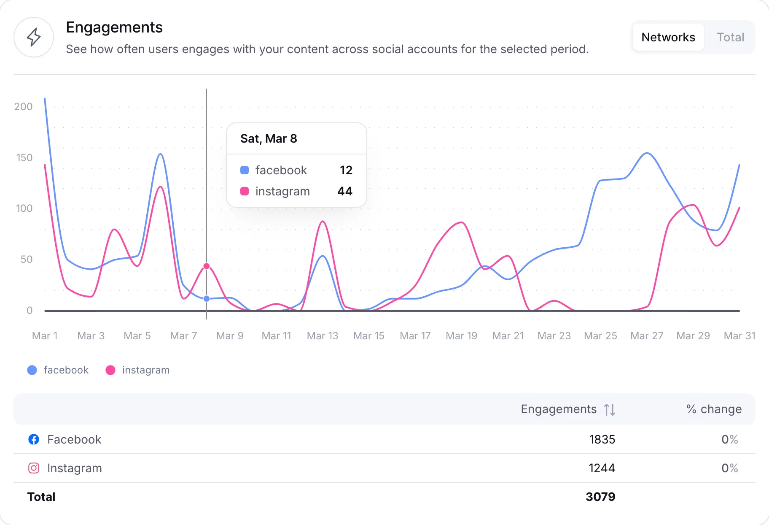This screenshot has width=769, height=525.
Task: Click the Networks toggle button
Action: click(x=668, y=37)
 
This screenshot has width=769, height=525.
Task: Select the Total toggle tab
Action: click(x=730, y=37)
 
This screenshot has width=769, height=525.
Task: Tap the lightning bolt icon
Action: click(x=34, y=37)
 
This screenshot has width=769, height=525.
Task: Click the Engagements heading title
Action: click(x=114, y=27)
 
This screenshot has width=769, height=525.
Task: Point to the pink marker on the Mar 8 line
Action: click(x=207, y=266)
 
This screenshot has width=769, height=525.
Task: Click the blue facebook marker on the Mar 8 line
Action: click(x=207, y=299)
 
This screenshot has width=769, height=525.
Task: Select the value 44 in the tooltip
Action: click(x=344, y=191)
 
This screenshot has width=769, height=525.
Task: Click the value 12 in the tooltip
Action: click(x=346, y=170)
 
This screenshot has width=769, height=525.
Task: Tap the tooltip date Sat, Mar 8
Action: click(x=269, y=138)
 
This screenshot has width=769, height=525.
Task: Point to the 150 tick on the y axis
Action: click(x=24, y=158)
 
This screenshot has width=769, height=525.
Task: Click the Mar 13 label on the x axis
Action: click(x=323, y=336)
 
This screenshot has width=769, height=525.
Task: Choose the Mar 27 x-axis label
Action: click(x=647, y=336)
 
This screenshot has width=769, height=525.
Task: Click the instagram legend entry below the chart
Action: click(x=137, y=370)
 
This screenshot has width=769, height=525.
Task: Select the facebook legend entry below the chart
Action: click(x=58, y=370)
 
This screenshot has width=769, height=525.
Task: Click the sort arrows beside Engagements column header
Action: click(x=610, y=409)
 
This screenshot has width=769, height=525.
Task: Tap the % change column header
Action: click(x=714, y=409)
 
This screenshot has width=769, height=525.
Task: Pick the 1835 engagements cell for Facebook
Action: click(x=602, y=439)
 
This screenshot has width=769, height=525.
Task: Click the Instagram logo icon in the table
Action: click(x=34, y=468)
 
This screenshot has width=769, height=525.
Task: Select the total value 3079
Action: click(x=600, y=497)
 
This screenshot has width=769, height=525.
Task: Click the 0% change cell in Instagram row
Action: click(x=729, y=468)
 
